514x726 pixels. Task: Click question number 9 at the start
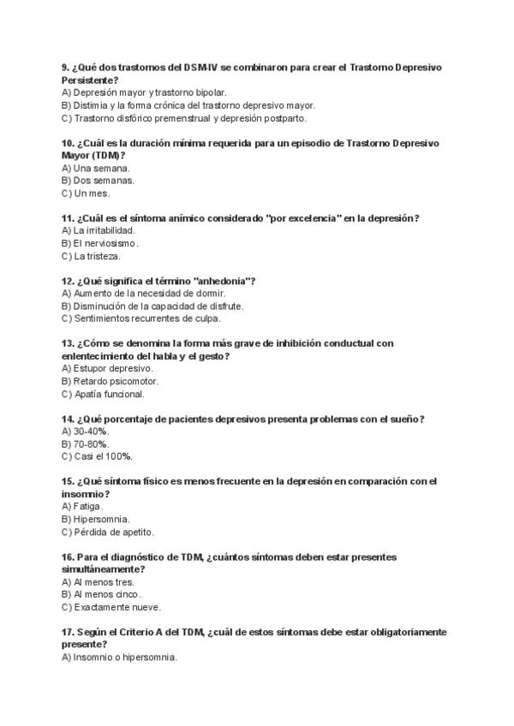65,67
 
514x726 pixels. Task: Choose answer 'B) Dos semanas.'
98,181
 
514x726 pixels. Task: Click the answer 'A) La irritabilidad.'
99,230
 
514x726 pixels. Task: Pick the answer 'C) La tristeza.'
92,256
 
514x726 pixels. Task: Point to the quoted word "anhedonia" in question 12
224,281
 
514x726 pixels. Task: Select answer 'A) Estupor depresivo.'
108,368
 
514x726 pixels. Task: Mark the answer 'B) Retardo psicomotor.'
110,381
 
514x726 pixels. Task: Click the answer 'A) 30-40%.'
86,431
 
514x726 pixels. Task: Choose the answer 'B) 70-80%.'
86,443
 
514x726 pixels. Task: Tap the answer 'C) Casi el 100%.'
97,456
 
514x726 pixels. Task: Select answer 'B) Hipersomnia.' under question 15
96,519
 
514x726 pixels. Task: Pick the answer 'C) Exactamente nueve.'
112,606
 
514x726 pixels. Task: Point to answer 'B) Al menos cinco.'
103,593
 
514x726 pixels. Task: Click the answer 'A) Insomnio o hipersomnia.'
119,657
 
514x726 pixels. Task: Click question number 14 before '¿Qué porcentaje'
68,419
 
